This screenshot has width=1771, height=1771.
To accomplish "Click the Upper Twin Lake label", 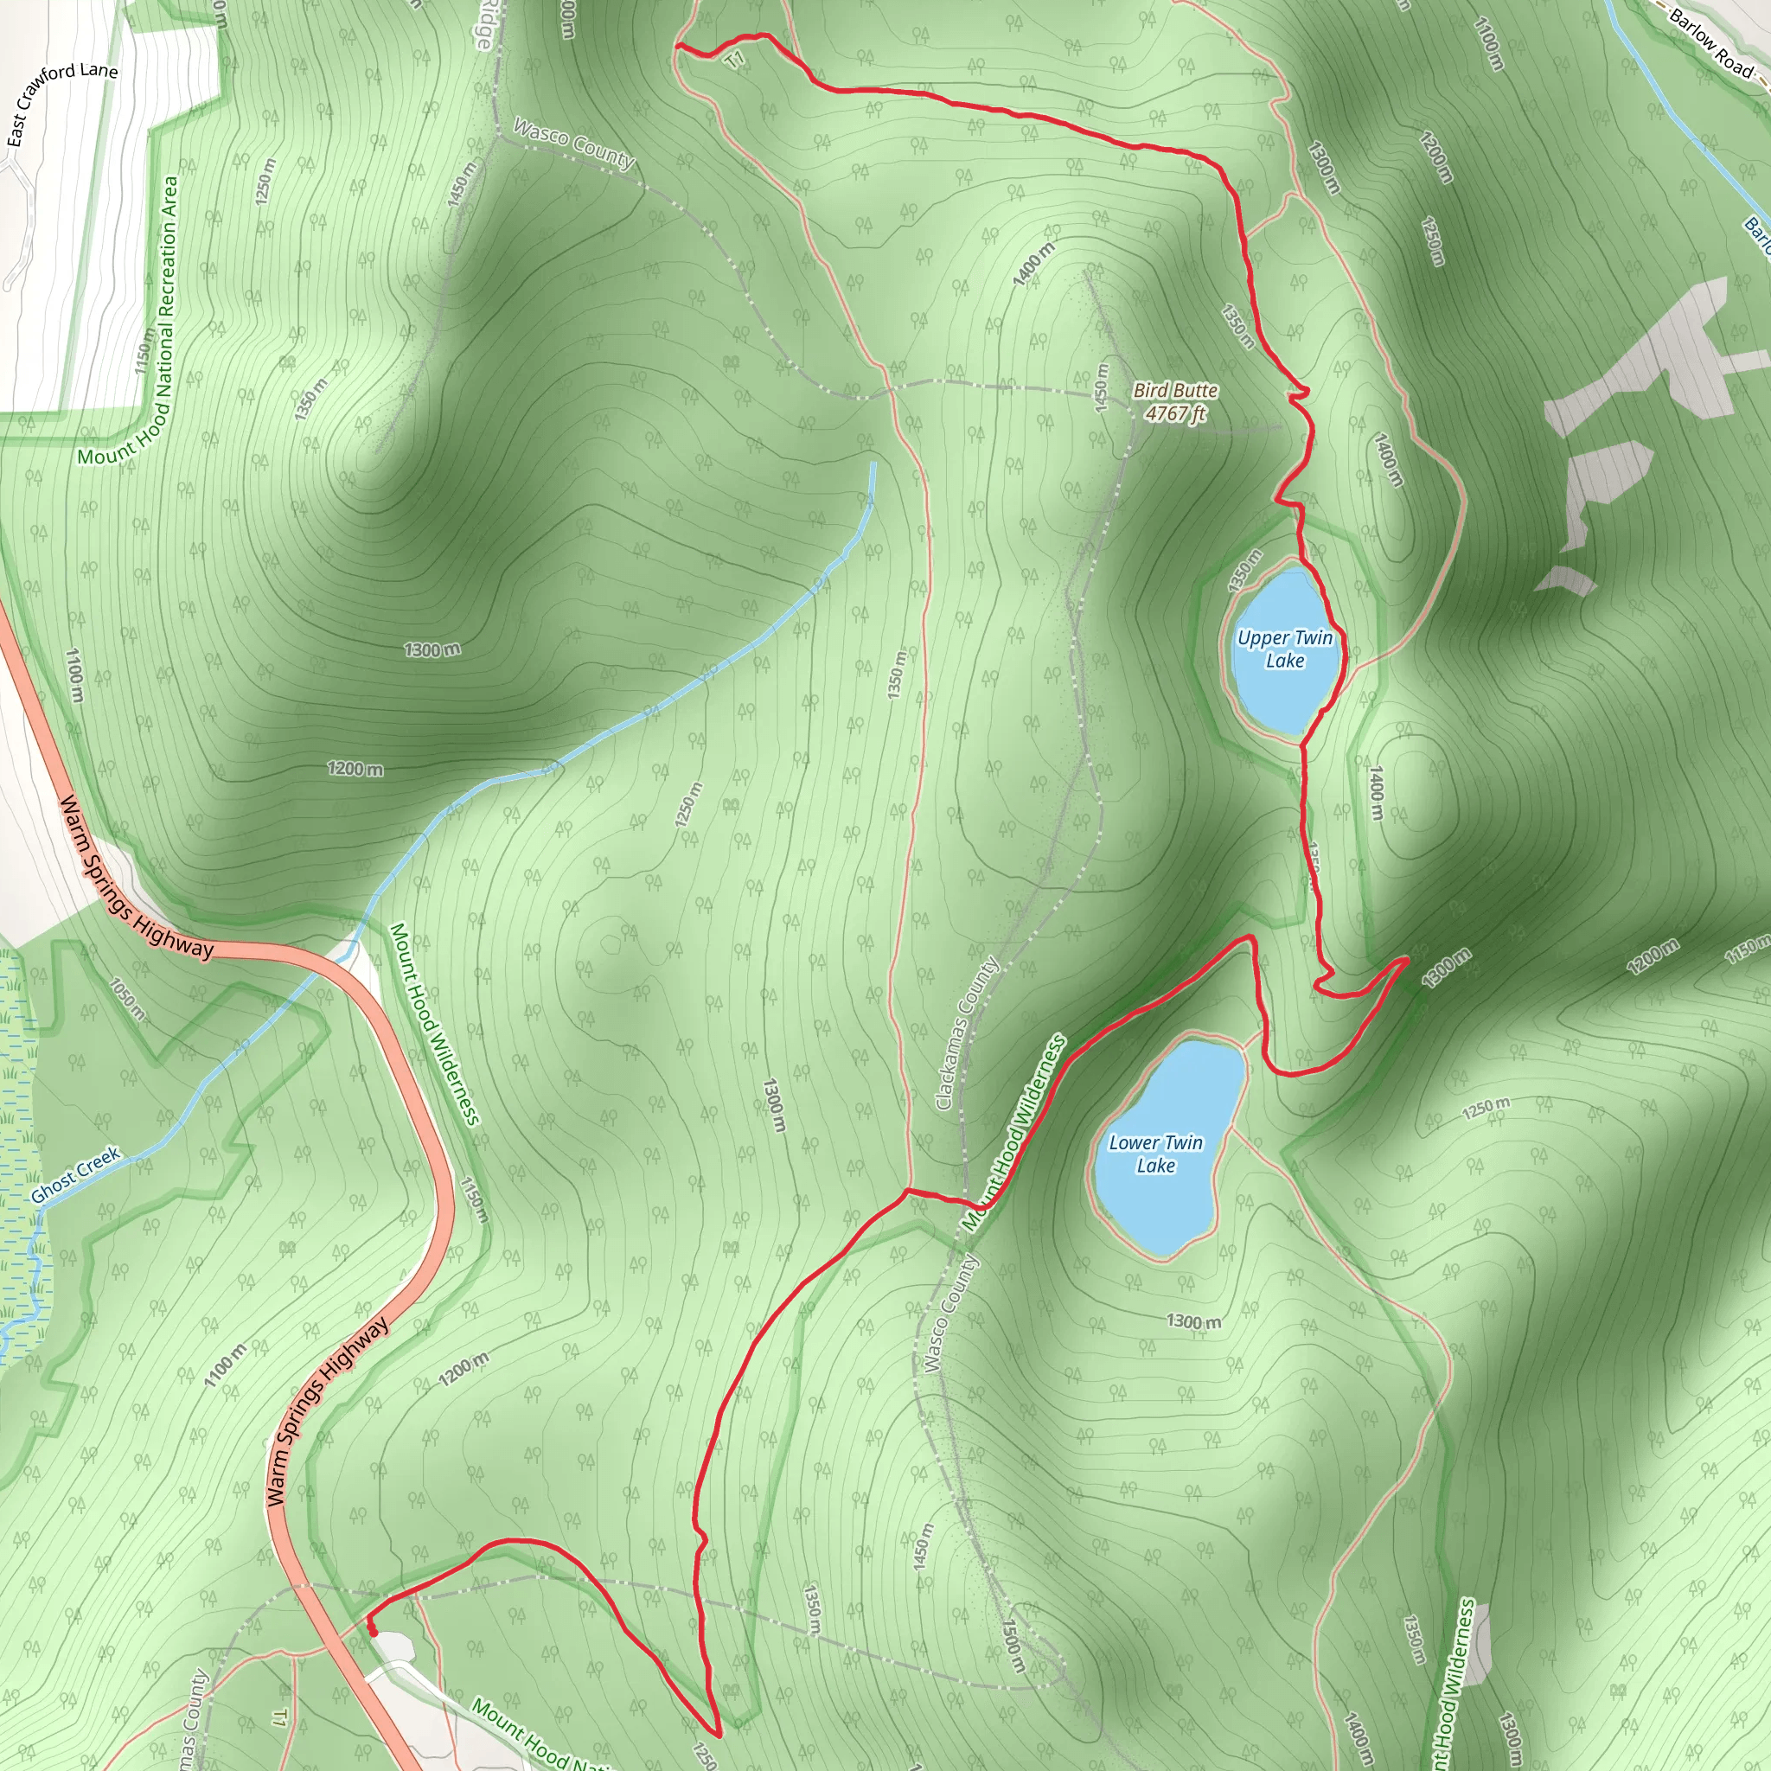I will pyautogui.click(x=1284, y=649).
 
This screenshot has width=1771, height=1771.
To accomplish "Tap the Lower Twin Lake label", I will pyautogui.click(x=1155, y=1154).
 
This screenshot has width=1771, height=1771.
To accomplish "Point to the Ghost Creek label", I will pyautogui.click(x=75, y=1175).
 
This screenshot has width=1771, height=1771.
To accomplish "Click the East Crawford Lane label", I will pyautogui.click(x=61, y=103).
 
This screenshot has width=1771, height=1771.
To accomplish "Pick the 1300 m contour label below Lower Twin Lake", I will pyautogui.click(x=1193, y=1322).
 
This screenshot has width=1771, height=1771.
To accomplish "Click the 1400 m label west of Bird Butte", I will pyautogui.click(x=1034, y=264).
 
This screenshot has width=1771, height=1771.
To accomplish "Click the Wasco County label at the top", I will pyautogui.click(x=574, y=144).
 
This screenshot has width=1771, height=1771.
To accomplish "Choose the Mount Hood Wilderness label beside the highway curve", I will pyautogui.click(x=434, y=1023).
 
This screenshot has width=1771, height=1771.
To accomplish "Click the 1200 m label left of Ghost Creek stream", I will pyautogui.click(x=355, y=768).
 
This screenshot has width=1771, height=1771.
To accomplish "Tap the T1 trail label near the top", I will pyautogui.click(x=734, y=61).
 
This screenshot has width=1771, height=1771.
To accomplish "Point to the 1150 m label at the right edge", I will pyautogui.click(x=1746, y=950).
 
